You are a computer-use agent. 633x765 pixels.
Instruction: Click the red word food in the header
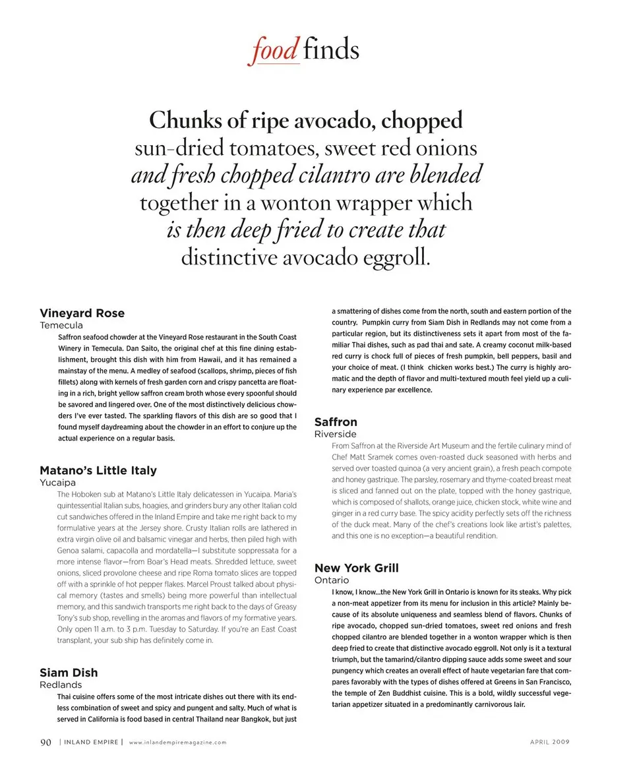[x=274, y=51]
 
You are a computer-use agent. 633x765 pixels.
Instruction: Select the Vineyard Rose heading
[x=82, y=313]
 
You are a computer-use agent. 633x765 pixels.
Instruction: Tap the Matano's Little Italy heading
[x=98, y=471]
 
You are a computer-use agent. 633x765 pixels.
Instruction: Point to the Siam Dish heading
[x=69, y=673]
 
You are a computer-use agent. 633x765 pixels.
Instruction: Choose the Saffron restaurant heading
[x=336, y=422]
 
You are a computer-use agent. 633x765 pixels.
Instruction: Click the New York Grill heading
[x=356, y=568]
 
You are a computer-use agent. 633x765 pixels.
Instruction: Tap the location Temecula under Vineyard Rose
[x=61, y=326]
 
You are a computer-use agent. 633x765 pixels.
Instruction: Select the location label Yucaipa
[x=57, y=483]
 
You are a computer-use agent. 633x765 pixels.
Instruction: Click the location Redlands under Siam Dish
[x=61, y=685]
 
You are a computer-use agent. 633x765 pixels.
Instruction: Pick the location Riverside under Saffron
[x=335, y=435]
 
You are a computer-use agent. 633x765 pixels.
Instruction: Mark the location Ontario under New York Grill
[x=332, y=580]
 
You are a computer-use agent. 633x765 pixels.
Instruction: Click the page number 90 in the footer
[x=45, y=742]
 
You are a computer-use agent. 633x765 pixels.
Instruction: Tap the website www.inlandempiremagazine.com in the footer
[x=177, y=743]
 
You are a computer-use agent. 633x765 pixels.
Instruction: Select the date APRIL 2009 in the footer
[x=550, y=743]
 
